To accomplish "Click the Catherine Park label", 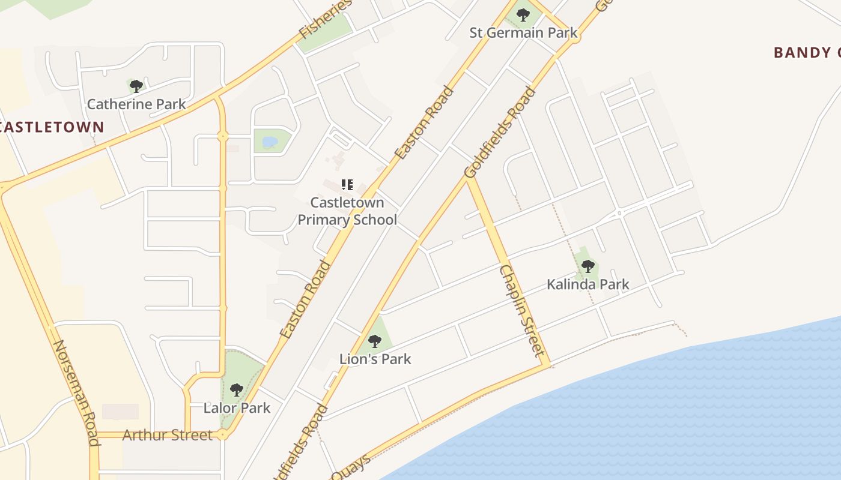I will click(x=136, y=104).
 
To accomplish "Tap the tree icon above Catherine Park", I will click(x=136, y=86).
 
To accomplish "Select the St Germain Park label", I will click(x=523, y=32).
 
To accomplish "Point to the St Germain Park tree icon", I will click(x=523, y=14).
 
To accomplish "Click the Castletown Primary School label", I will click(x=347, y=211).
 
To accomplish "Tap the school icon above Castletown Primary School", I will click(x=347, y=185).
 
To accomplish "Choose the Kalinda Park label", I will click(x=587, y=284).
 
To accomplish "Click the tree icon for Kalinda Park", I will click(x=587, y=266).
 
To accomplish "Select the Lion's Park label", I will click(x=375, y=359).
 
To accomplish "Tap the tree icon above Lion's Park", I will click(x=375, y=341).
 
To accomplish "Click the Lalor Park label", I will click(x=237, y=408).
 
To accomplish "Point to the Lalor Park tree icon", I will click(x=237, y=390).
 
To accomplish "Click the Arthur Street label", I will click(x=167, y=435).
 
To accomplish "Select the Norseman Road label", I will click(x=76, y=393).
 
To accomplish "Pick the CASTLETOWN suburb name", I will click(x=52, y=127).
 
